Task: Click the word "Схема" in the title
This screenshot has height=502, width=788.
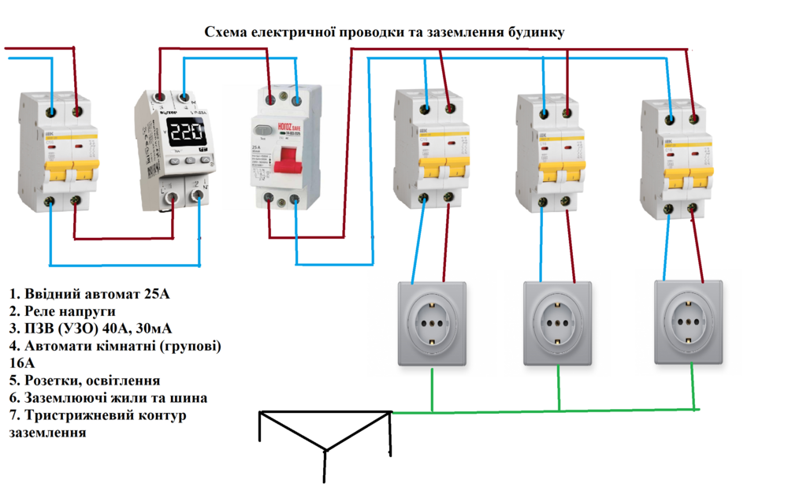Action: pos(225,32)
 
